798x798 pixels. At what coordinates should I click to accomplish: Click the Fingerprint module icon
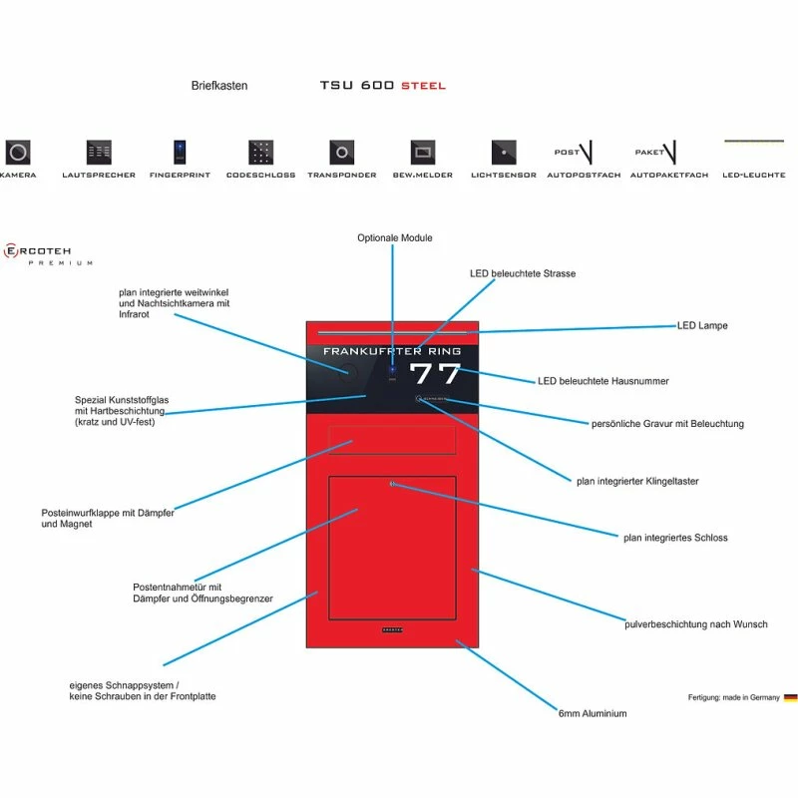point(180,152)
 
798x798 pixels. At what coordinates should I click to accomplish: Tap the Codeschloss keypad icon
point(260,152)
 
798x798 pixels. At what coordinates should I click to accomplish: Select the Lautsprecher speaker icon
point(99,152)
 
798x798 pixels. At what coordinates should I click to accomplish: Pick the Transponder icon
point(341,152)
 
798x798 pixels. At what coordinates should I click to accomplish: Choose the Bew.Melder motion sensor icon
point(423,153)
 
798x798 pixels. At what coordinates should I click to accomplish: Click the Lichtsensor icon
point(504,152)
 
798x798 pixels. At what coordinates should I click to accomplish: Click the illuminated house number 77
point(436,374)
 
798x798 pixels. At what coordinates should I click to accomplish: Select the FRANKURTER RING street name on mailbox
point(392,351)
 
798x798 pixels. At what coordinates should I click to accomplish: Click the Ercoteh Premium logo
point(48,254)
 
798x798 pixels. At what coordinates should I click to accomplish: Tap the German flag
point(790,698)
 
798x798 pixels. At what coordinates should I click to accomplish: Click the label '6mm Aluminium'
point(593,714)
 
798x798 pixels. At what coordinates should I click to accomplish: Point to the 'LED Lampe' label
point(702,326)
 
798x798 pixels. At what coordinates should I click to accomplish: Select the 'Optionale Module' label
point(395,238)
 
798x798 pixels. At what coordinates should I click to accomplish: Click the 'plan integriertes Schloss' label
point(675,538)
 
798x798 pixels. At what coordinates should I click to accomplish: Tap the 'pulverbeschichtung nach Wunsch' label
point(696,624)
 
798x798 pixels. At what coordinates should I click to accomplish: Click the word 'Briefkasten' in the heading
point(219,86)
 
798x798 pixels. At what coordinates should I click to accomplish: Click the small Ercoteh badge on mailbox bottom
point(392,630)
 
